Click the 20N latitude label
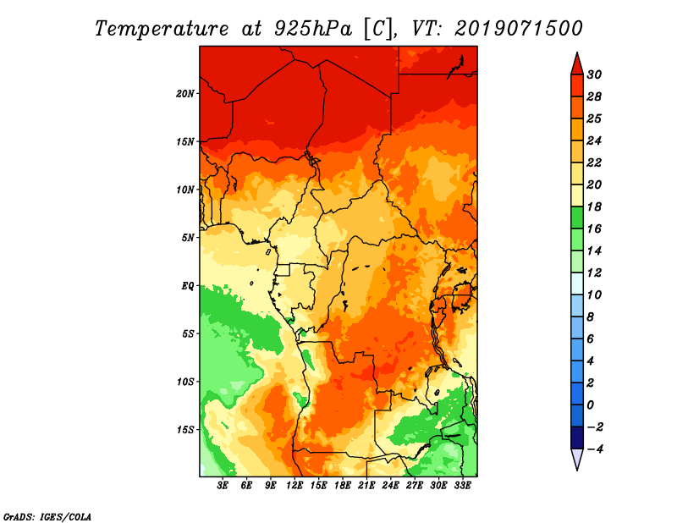(x=185, y=94)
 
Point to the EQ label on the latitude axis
(x=187, y=286)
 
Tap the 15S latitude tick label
(x=185, y=430)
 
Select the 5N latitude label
(x=188, y=238)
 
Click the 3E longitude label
(x=223, y=486)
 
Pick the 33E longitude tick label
(x=462, y=486)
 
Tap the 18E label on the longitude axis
(x=343, y=486)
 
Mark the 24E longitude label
(x=390, y=486)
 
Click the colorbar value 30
(x=594, y=74)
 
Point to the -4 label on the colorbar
(x=595, y=449)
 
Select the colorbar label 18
(x=594, y=206)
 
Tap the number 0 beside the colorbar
(x=591, y=405)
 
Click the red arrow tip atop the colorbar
(x=577, y=53)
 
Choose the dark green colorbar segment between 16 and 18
(x=577, y=217)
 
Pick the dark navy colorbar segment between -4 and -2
(x=577, y=438)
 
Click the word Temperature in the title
(x=162, y=29)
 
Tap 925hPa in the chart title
(x=312, y=29)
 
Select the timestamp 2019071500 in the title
(x=519, y=29)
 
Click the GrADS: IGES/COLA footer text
(x=47, y=517)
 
